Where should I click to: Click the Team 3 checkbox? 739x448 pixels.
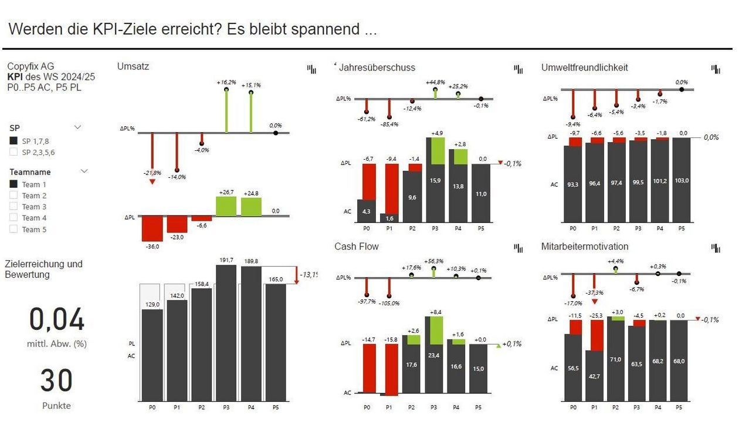point(13,207)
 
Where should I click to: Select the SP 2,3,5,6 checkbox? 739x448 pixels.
point(13,152)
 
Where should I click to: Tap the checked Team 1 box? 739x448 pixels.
point(13,184)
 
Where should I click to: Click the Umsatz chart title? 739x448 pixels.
point(133,66)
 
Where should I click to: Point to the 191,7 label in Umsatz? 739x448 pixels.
point(226,260)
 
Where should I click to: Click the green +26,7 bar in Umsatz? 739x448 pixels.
point(226,206)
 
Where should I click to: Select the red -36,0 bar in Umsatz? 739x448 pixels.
point(152,228)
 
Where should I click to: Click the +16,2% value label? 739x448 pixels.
point(226,83)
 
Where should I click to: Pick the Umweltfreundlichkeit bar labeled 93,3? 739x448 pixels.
point(573,183)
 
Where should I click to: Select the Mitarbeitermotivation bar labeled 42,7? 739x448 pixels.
point(595,375)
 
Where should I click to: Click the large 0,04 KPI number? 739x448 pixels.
point(57,320)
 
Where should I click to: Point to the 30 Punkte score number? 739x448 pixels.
point(56,380)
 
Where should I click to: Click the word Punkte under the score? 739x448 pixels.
point(56,406)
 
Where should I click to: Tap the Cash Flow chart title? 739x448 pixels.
point(357,247)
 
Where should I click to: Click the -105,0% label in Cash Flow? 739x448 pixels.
point(389,303)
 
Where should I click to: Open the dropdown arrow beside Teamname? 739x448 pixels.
point(84,171)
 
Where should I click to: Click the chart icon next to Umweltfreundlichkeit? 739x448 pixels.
point(716,69)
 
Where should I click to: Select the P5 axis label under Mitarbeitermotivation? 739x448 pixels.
point(679,407)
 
